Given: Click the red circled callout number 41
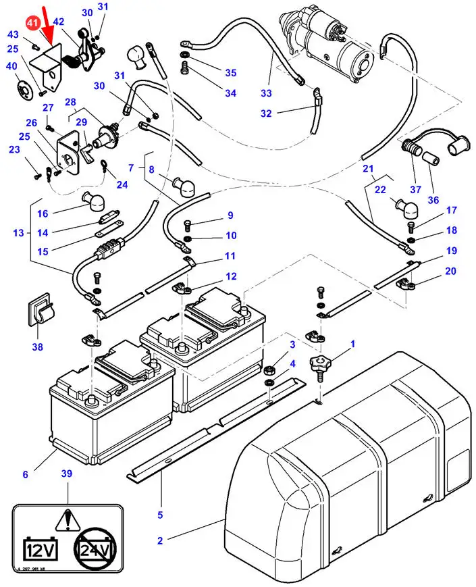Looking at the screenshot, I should click(x=32, y=23).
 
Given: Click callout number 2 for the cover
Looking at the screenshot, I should click(x=160, y=540).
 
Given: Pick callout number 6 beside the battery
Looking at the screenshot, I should click(x=25, y=474).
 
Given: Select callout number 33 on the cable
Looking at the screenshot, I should click(x=265, y=93).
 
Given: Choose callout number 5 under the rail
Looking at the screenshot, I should click(x=160, y=515).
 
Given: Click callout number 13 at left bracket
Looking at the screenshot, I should click(x=18, y=233).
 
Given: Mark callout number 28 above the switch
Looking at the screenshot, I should click(x=70, y=102).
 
